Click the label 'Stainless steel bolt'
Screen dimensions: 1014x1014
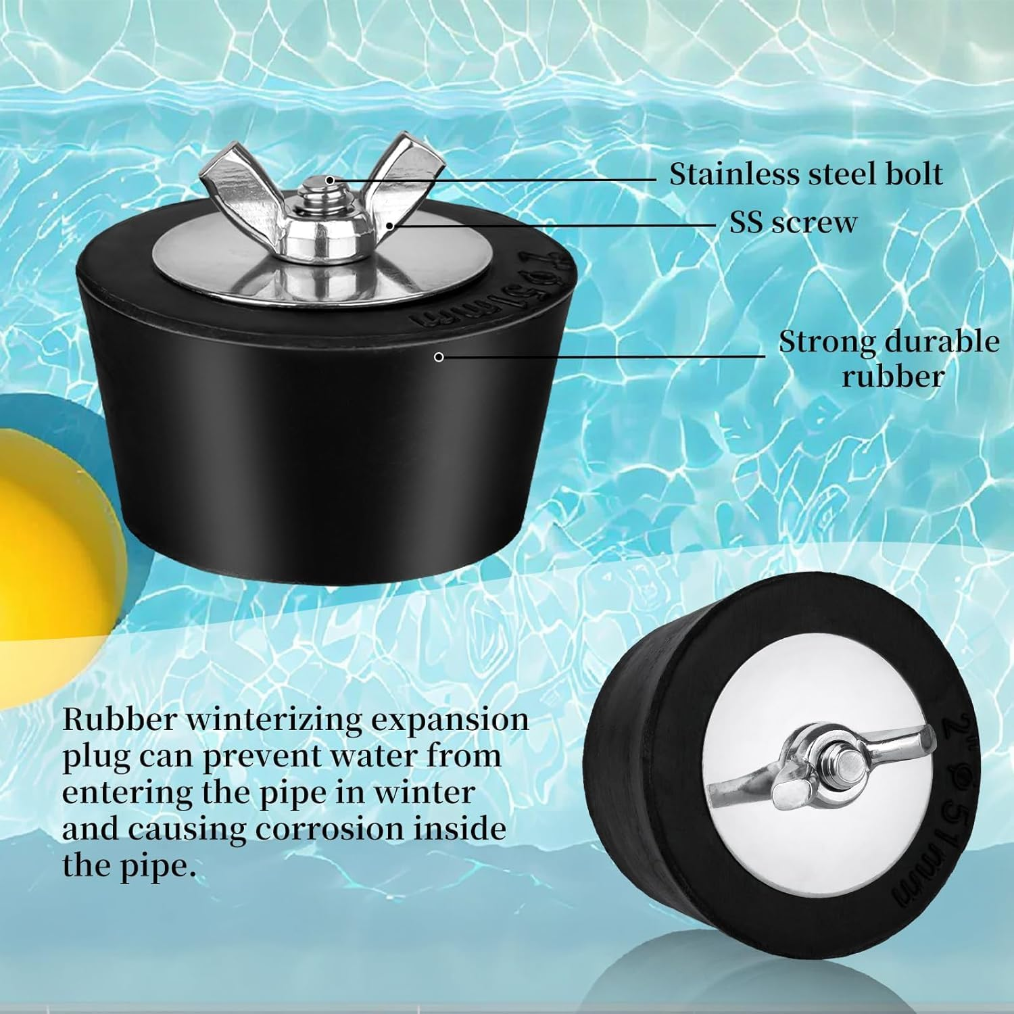805,174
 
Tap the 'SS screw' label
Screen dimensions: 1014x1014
792,222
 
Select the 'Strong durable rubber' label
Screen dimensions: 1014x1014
888,358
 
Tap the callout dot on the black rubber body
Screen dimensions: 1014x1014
439,357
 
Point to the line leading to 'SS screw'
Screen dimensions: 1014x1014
554,224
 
